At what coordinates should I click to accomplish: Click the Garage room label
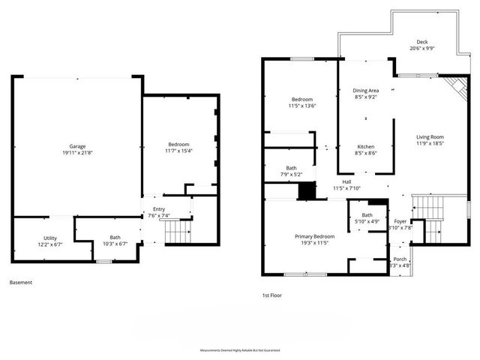(x=76, y=146)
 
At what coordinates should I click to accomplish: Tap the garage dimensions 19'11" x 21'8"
(x=76, y=153)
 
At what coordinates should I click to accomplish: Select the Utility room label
(x=50, y=238)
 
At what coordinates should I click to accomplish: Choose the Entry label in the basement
(x=159, y=209)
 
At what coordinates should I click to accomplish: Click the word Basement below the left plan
(x=21, y=283)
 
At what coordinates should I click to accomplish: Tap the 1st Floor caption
(x=271, y=295)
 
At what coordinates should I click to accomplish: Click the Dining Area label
(x=366, y=91)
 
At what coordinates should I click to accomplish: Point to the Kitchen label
(x=365, y=146)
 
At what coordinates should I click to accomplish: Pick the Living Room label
(x=430, y=136)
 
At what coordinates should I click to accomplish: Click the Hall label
(x=347, y=181)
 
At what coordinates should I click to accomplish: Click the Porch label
(x=400, y=259)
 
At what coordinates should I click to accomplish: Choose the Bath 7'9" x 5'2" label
(x=291, y=171)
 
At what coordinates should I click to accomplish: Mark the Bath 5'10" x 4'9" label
(x=367, y=218)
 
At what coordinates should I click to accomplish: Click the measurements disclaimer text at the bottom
(x=239, y=350)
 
